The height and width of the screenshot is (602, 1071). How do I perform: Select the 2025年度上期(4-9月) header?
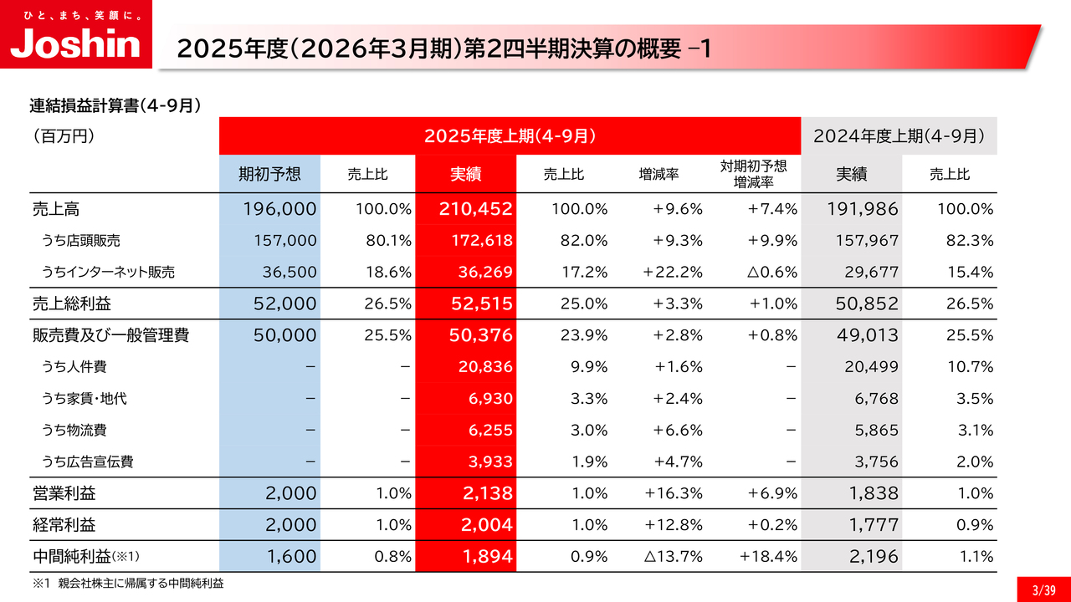[510, 135]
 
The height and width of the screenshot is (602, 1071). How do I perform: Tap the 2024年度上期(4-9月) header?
[899, 135]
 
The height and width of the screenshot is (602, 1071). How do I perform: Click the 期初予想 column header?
[269, 174]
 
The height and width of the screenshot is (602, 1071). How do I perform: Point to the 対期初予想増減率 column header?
[753, 174]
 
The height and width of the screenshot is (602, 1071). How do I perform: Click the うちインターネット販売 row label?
[109, 272]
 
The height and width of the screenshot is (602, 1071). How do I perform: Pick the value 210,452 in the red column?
[475, 209]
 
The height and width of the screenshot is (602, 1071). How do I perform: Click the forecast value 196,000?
[279, 209]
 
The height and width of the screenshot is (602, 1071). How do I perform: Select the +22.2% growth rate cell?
[673, 272]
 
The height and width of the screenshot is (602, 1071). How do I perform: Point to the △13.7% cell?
[674, 556]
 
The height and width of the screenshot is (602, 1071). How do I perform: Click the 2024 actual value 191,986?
[861, 209]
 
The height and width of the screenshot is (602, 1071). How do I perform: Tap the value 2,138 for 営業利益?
[487, 493]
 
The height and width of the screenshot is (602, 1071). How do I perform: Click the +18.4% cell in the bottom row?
[768, 556]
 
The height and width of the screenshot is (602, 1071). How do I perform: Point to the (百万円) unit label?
[63, 135]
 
